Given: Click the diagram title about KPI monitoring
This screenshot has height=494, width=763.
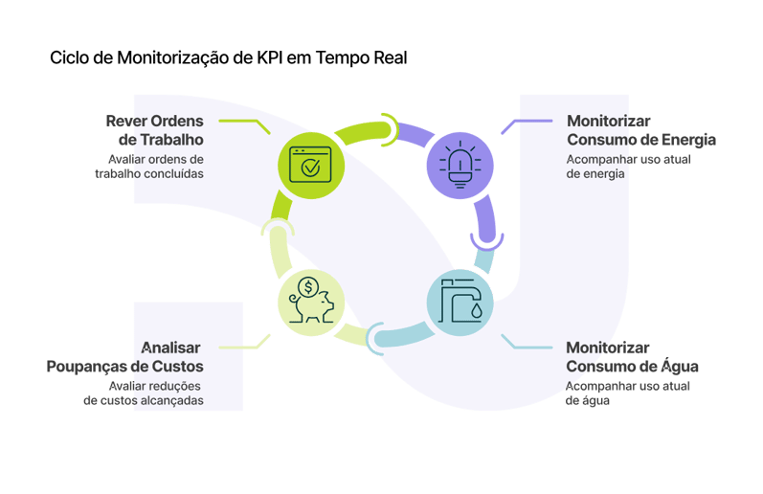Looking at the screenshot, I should (x=229, y=58).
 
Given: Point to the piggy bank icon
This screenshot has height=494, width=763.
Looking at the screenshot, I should (x=310, y=303).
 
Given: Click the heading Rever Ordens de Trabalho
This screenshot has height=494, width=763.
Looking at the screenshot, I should (x=154, y=130).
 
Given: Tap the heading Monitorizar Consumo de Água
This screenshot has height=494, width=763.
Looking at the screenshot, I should (x=632, y=357).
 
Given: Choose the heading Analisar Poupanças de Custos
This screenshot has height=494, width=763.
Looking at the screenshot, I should (x=125, y=357).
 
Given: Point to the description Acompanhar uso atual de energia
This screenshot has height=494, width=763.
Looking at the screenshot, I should (x=628, y=166).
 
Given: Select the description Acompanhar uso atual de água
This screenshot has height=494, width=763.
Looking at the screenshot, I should (x=627, y=393).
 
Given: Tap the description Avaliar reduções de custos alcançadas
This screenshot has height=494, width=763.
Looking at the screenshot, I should (x=144, y=393).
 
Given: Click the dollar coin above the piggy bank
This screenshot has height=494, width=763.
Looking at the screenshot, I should (x=308, y=285).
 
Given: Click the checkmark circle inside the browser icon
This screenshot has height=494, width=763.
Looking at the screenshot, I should (x=310, y=168).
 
